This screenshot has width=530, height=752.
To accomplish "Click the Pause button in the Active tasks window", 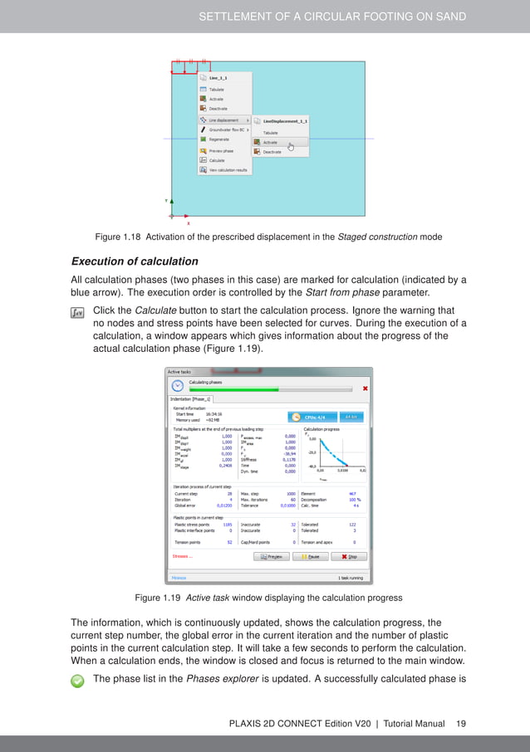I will click(x=310, y=556).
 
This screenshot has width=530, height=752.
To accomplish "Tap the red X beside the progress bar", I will click(x=366, y=388).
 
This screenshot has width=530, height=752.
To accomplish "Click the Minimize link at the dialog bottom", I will click(x=178, y=577).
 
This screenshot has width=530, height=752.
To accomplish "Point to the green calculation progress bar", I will click(x=234, y=388).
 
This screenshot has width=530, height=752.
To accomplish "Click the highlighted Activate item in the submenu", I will click(x=272, y=142).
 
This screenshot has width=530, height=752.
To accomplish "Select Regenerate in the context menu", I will click(x=217, y=139).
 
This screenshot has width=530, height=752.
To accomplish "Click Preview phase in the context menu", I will click(x=222, y=150).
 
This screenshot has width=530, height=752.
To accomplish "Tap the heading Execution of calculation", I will click(x=135, y=261).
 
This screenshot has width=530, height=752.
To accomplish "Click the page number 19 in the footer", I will click(x=460, y=724).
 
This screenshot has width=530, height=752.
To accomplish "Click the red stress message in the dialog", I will click(x=182, y=556).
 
